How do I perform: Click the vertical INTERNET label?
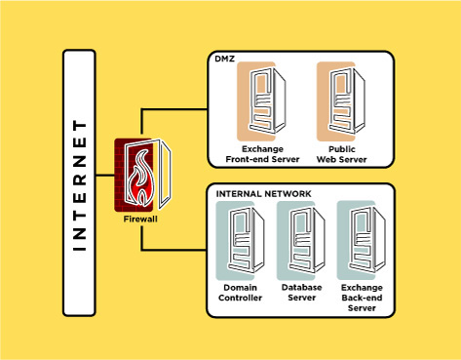tap(80, 185)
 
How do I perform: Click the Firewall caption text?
tap(140, 220)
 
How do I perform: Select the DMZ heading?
tap(224, 60)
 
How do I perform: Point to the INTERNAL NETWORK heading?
tap(263, 194)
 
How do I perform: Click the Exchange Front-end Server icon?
tap(261, 101)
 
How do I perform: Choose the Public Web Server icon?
tap(341, 101)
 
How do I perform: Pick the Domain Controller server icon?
tap(241, 240)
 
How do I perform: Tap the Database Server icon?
tap(301, 240)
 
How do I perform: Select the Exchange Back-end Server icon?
tap(362, 240)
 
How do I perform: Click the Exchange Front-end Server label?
tap(262, 154)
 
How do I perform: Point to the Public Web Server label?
tap(342, 154)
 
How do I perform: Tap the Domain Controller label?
tap(240, 293)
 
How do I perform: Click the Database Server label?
tap(301, 293)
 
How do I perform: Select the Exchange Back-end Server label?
tap(362, 298)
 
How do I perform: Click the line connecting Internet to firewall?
tap(105, 176)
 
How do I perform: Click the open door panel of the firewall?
tap(165, 175)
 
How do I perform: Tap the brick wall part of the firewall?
tap(120, 176)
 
